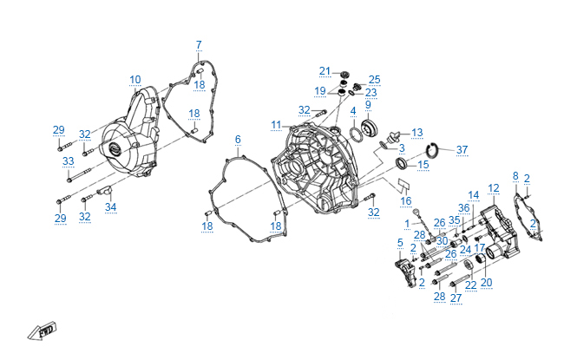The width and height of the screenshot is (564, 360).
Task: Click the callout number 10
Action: coord(135,80)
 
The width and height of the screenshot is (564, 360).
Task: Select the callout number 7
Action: coord(198,45)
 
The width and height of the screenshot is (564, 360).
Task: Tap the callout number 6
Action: coord(238,139)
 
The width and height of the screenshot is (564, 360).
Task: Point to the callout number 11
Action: coord(275,125)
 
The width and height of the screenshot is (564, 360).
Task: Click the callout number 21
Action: coord(325,70)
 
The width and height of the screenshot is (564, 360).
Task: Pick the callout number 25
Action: coord(375,79)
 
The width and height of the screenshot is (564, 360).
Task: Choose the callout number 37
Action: coord(462,149)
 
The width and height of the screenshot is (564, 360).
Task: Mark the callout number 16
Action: coord(406,200)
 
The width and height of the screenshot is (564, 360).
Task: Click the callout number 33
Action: coord(68,161)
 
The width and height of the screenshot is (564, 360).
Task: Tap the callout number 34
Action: coord(110,206)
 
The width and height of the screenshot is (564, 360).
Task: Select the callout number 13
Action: coord(417,133)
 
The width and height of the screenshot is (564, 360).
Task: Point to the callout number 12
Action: coord(494,187)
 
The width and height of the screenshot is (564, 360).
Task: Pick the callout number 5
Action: coord(399,243)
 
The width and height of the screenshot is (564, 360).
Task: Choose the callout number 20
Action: coord(486,282)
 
